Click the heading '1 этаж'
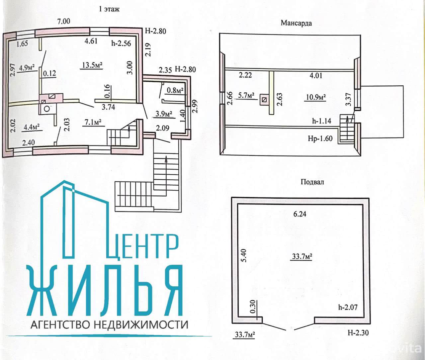pyautogui.click(x=109, y=9)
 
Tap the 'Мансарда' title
pyautogui.click(x=296, y=23)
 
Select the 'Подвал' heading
pyautogui.click(x=312, y=182)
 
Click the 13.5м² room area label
pyautogui.click(x=91, y=66)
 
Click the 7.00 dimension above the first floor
pyautogui.click(x=64, y=22)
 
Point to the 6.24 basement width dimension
pyautogui.click(x=299, y=214)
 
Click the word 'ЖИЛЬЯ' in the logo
pyautogui.click(x=106, y=291)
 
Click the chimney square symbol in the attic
pyautogui.click(x=265, y=99)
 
